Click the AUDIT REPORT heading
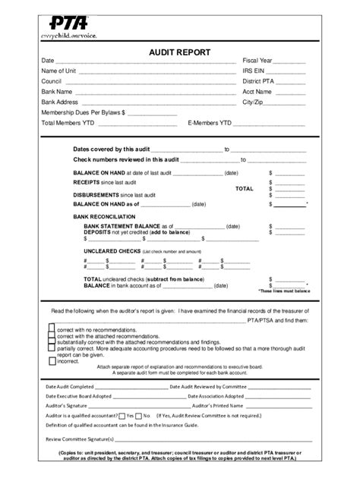(179, 52)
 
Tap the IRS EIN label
(254, 71)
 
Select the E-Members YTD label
(210, 122)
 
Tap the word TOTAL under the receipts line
(245, 188)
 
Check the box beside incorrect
(52, 361)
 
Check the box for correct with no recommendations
(52, 330)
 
